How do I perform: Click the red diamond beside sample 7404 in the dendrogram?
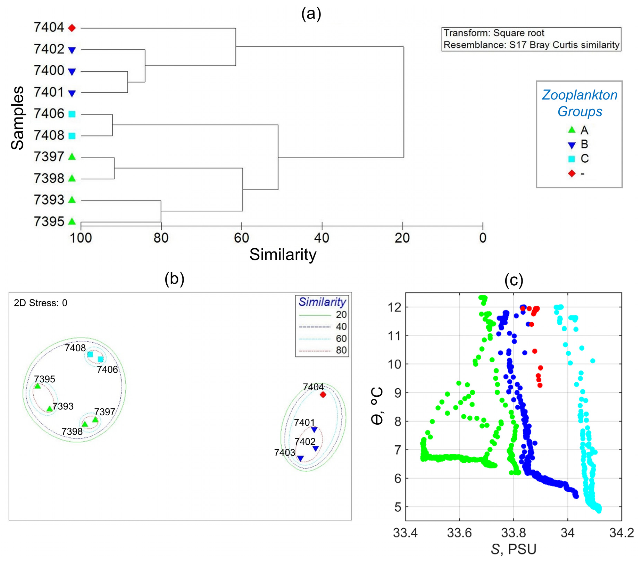click(x=72, y=28)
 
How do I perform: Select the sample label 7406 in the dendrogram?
click(x=49, y=114)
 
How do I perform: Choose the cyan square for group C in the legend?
click(x=572, y=159)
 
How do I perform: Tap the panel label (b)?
click(x=174, y=279)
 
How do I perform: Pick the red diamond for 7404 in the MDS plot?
click(x=323, y=395)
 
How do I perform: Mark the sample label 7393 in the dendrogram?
click(x=49, y=200)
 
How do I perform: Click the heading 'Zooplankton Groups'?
click(x=580, y=103)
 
